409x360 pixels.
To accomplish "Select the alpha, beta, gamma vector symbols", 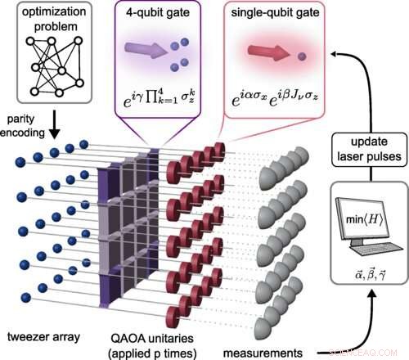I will pos(368,268).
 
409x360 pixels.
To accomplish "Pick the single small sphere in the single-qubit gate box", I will pos(303,56).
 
